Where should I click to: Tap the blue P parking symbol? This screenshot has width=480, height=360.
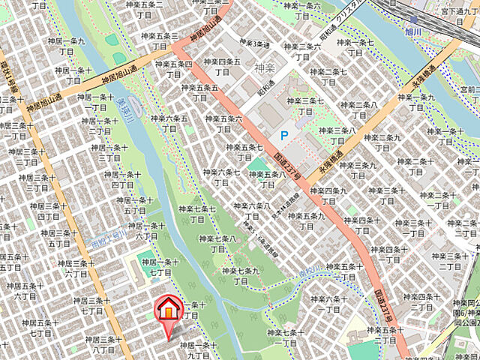[283, 136]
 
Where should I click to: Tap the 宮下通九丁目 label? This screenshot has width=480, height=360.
[458, 16]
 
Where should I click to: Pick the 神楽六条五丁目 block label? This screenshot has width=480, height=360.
[169, 123]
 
